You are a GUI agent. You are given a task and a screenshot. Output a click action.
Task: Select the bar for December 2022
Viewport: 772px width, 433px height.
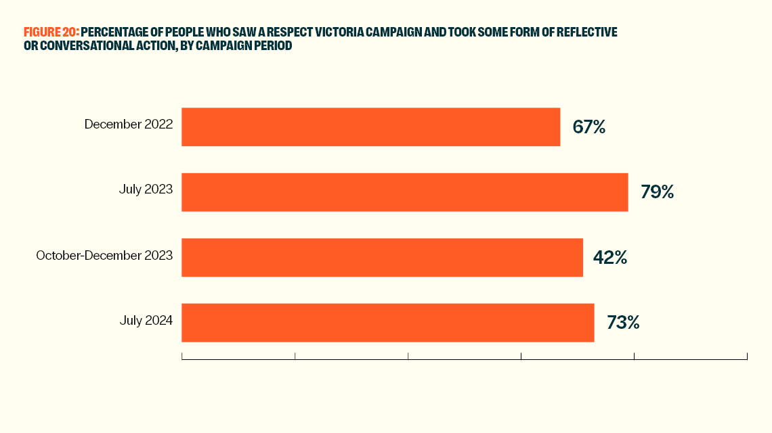371,127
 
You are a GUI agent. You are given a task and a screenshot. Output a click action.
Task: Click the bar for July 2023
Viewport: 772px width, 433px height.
405,192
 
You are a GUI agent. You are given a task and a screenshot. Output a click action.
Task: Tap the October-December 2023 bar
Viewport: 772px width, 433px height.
382,257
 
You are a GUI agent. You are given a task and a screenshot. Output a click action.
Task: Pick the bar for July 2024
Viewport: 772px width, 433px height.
387,323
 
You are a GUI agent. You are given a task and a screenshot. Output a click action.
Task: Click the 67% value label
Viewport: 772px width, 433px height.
588,127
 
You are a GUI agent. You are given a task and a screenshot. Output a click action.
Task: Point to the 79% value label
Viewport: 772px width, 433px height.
657,192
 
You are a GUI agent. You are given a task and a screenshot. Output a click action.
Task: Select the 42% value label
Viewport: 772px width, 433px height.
610,257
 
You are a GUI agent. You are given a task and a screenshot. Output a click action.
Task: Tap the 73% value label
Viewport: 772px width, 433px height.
623,323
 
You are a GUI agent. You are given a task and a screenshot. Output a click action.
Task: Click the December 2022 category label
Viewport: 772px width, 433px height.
129,124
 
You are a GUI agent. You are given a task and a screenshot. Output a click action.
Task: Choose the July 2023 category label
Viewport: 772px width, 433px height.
146,189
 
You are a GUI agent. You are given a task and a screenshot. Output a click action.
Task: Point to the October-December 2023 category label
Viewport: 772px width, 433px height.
104,255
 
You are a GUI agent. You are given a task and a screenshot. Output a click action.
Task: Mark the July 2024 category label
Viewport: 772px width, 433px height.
146,320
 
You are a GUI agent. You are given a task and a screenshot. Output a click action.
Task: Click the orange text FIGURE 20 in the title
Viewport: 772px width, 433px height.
51,32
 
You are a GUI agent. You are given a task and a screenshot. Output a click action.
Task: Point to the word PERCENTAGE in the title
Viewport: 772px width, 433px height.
112,32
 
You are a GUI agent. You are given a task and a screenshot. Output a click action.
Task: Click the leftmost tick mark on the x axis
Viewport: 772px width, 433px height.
182,356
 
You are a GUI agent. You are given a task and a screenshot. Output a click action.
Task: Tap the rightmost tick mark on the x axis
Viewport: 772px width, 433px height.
747,356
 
